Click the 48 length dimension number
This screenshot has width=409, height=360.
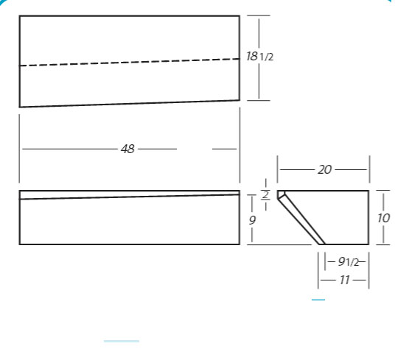point(127,149)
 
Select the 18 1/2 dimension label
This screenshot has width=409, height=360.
point(260,56)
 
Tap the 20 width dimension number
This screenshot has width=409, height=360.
point(324,170)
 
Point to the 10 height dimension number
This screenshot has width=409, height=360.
point(383,218)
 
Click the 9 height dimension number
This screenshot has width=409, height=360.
point(252,220)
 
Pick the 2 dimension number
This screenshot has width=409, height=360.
point(265,195)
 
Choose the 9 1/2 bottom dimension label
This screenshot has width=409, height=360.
point(349,261)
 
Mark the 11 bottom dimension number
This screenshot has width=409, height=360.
point(345,280)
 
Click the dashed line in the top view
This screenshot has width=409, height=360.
point(130,63)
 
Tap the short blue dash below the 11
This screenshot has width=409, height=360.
point(318,300)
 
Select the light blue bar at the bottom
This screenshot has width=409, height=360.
point(122,341)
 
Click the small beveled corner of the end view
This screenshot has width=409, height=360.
point(281,194)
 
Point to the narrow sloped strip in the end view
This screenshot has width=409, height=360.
point(302,219)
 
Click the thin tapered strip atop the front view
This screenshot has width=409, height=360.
point(130,195)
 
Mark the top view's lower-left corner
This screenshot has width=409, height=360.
point(20,107)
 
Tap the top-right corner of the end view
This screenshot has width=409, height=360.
point(368,191)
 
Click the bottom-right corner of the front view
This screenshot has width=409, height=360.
point(240,244)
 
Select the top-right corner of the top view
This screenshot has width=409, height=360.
point(240,16)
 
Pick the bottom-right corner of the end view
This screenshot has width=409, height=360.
point(368,244)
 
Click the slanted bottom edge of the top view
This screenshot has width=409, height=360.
point(130,103)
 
